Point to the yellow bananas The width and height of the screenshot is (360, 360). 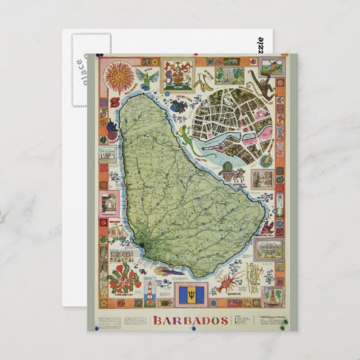point(202,84)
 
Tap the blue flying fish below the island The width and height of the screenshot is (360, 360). point(165,271)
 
